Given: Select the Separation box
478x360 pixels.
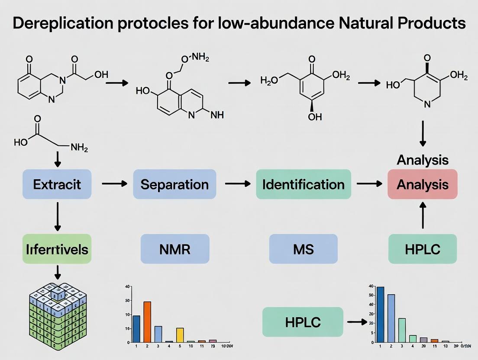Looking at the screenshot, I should [x=174, y=184].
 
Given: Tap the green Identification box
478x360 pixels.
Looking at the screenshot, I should [x=304, y=184].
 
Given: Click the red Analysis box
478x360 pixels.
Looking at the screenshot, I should [x=423, y=184].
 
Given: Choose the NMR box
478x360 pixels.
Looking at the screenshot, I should [x=174, y=249].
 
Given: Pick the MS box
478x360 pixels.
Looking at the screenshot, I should [x=303, y=249].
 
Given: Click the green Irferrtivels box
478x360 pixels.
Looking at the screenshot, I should [x=57, y=249].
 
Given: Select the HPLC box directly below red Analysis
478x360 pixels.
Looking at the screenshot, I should [x=423, y=249].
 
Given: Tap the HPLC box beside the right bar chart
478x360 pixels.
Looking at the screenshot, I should [x=303, y=322].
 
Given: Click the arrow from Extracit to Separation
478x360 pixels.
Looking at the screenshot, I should [x=114, y=184].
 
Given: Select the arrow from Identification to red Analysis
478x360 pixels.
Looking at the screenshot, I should [x=369, y=184].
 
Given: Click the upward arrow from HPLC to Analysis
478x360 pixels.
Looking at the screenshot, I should [x=423, y=216].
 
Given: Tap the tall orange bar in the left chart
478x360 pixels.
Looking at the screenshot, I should [x=147, y=321].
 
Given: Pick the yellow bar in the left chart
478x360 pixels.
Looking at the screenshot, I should [x=180, y=335].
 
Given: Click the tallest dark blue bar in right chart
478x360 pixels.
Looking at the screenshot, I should [x=381, y=314].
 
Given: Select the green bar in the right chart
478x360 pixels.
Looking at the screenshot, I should [x=402, y=330].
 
